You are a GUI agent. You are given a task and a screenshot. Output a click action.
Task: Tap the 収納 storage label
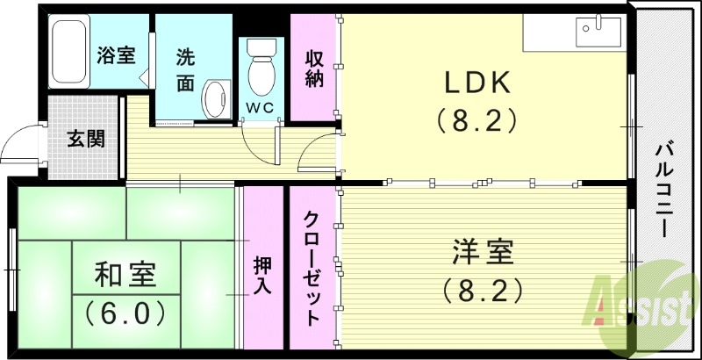[314, 68]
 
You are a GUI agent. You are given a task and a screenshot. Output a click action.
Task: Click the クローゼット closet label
[312, 267]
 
